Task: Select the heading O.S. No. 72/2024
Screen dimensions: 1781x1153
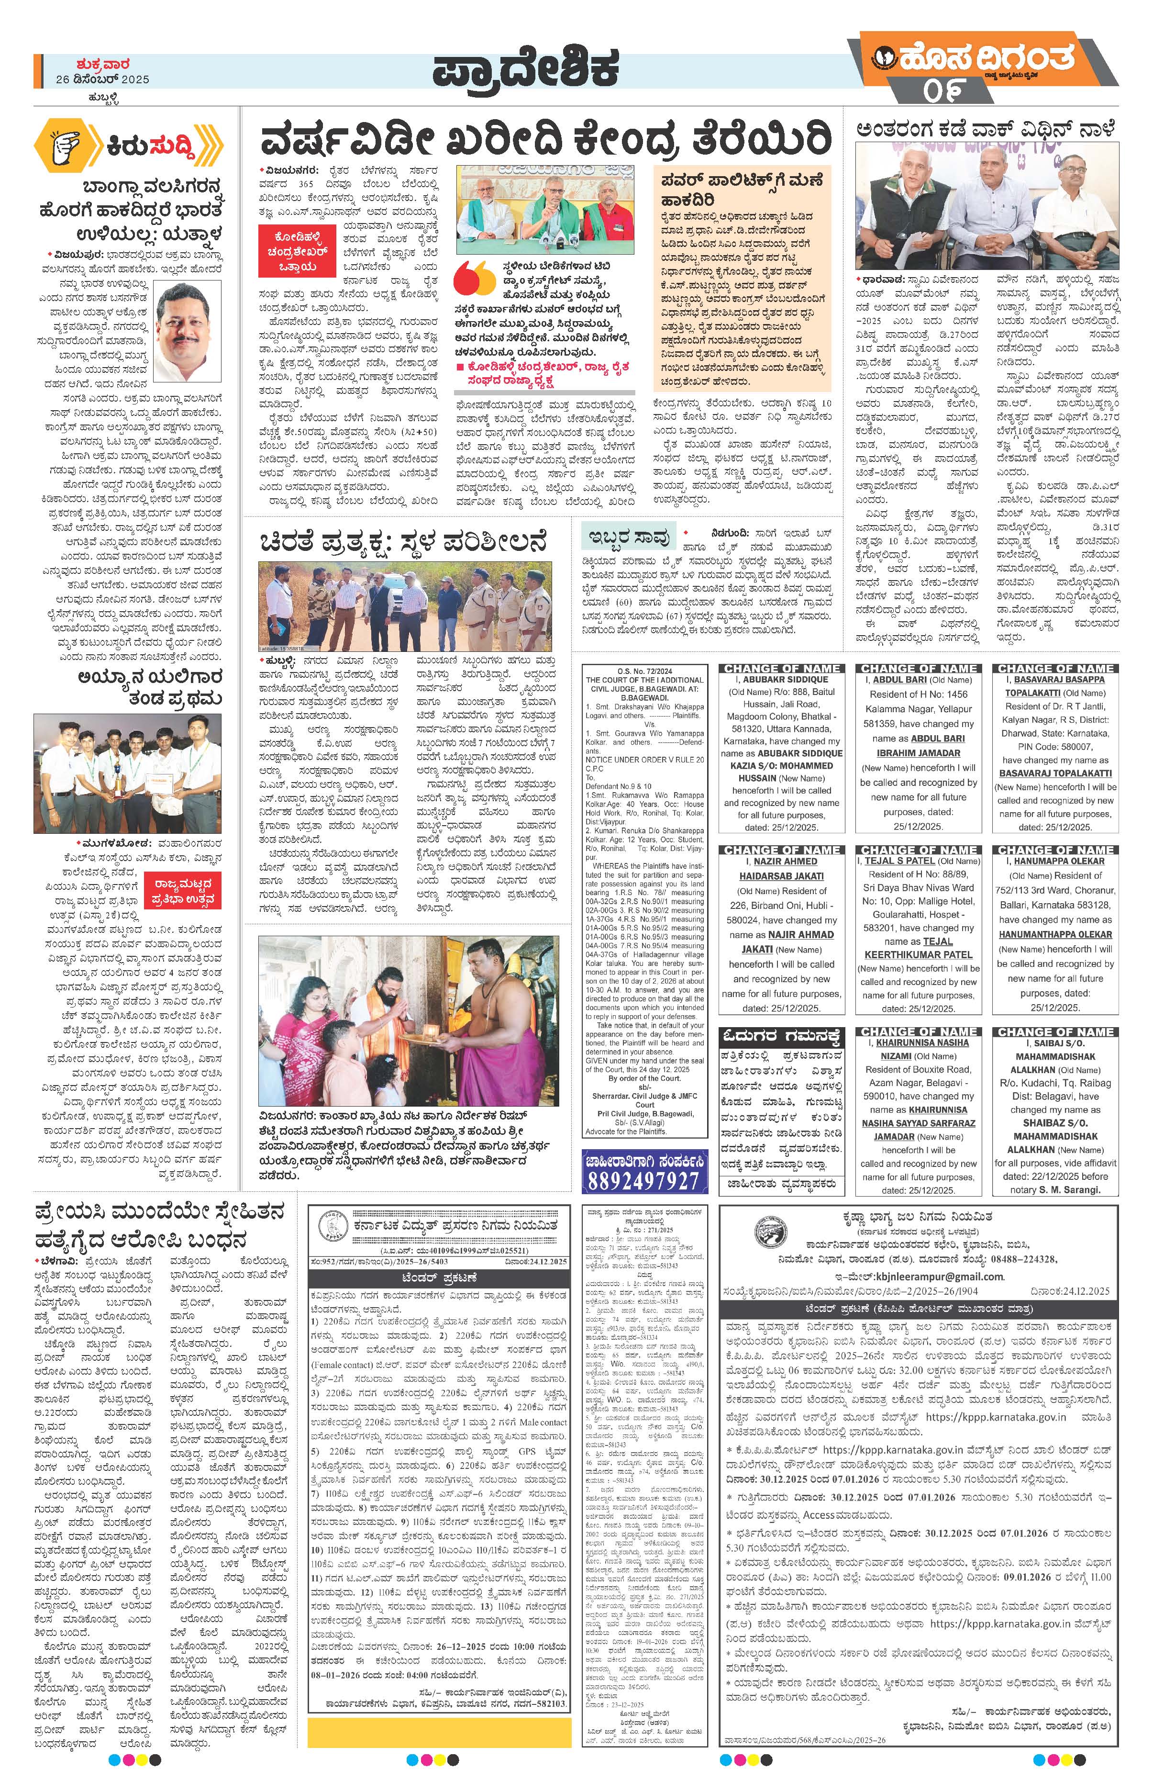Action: [x=645, y=671]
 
